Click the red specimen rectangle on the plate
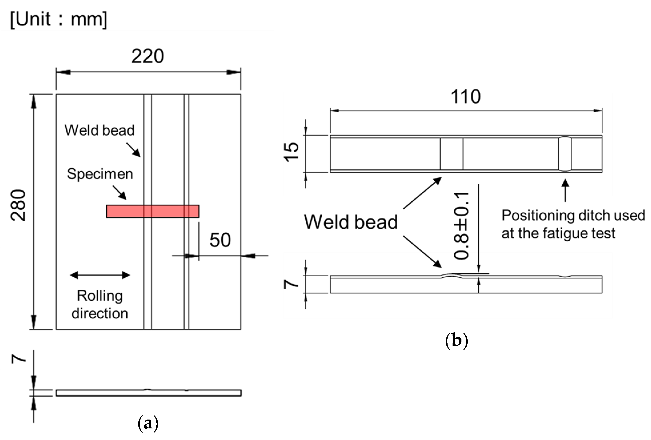pos(153,211)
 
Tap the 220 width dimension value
pos(148,56)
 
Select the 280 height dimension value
pos(18,205)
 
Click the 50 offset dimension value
pos(220,240)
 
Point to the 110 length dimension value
pos(466,97)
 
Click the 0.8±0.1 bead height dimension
pos(461,226)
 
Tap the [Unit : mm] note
pos(59,19)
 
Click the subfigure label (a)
pos(148,423)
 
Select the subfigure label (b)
pos(456,341)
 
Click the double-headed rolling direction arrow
pos(100,275)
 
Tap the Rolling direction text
pos(100,305)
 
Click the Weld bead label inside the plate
pos(99,130)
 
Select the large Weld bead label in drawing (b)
pos(351,222)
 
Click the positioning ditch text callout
pos(573,224)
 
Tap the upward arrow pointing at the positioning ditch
pos(565,190)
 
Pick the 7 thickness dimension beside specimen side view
pos(291,284)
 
